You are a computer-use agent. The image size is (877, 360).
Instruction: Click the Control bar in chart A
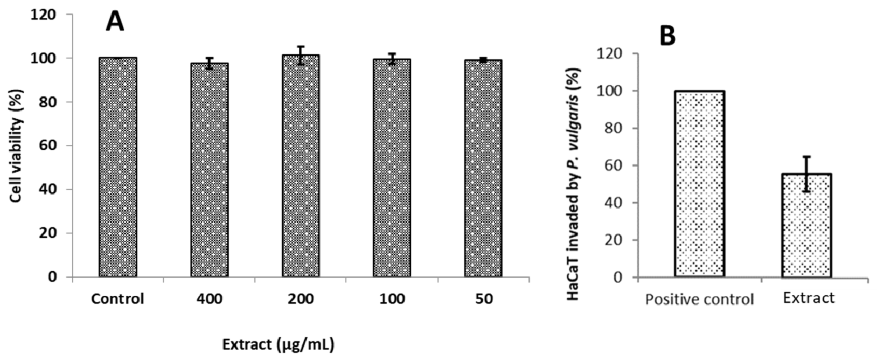click(x=117, y=167)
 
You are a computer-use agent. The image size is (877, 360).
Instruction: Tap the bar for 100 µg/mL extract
click(x=392, y=168)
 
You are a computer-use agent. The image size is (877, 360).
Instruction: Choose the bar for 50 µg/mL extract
click(x=483, y=169)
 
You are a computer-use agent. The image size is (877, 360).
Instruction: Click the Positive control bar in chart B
click(x=699, y=184)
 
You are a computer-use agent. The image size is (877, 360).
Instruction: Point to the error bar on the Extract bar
click(x=806, y=173)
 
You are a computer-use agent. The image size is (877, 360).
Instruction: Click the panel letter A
click(x=115, y=22)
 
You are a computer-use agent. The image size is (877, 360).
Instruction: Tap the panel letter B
click(x=667, y=36)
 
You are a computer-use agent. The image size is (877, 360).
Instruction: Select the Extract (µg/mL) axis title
click(x=278, y=344)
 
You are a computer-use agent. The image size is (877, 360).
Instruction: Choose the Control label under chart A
click(x=117, y=299)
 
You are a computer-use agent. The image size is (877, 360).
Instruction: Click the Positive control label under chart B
click(x=699, y=300)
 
